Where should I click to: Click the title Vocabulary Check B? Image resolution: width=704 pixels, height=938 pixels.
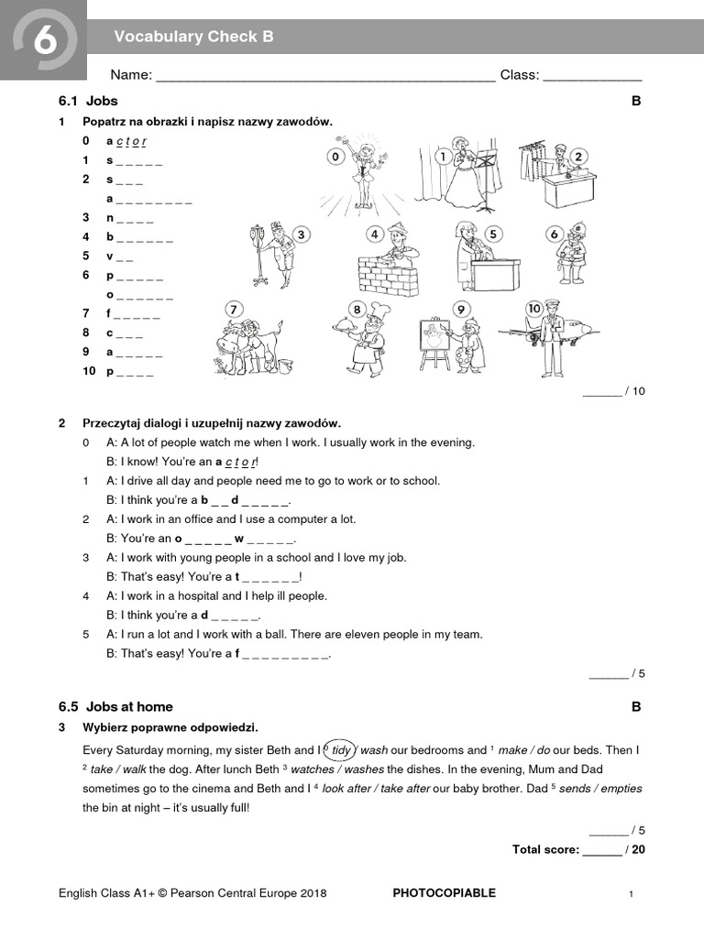[x=193, y=37]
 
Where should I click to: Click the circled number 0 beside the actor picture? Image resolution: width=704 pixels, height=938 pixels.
[x=335, y=158]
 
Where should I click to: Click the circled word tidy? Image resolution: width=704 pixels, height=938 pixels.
[x=341, y=749]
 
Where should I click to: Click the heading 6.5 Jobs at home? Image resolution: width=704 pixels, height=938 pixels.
[x=115, y=707]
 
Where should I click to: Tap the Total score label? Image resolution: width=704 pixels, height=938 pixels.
[x=545, y=849]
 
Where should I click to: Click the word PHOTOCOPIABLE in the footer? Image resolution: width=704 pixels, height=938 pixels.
[x=444, y=893]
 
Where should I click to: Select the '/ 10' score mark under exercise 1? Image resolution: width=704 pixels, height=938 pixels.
[x=635, y=391]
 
